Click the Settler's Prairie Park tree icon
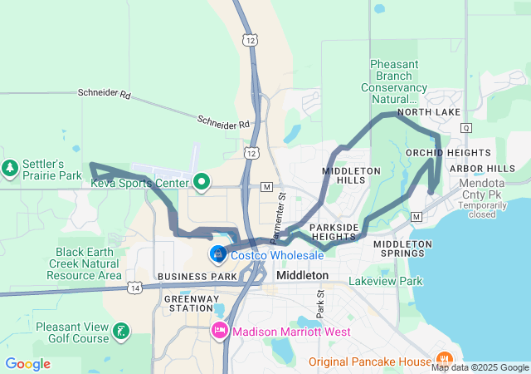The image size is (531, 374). pos(11,168)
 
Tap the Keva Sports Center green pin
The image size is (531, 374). pos(202,182)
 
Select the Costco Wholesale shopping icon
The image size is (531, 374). pos(217,253)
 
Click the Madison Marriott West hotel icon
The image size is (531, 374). pos(220,331)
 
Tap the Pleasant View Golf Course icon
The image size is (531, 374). pos(121,332)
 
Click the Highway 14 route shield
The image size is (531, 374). pos(134,287)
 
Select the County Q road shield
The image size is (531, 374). pos(465,127)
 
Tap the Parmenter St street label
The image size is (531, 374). pos(282,214)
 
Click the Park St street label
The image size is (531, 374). pos(319,303)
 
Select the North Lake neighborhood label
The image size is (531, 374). pos(429,112)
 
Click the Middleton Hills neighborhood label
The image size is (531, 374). pos(351,175)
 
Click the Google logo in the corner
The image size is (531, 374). pos(27,364)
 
